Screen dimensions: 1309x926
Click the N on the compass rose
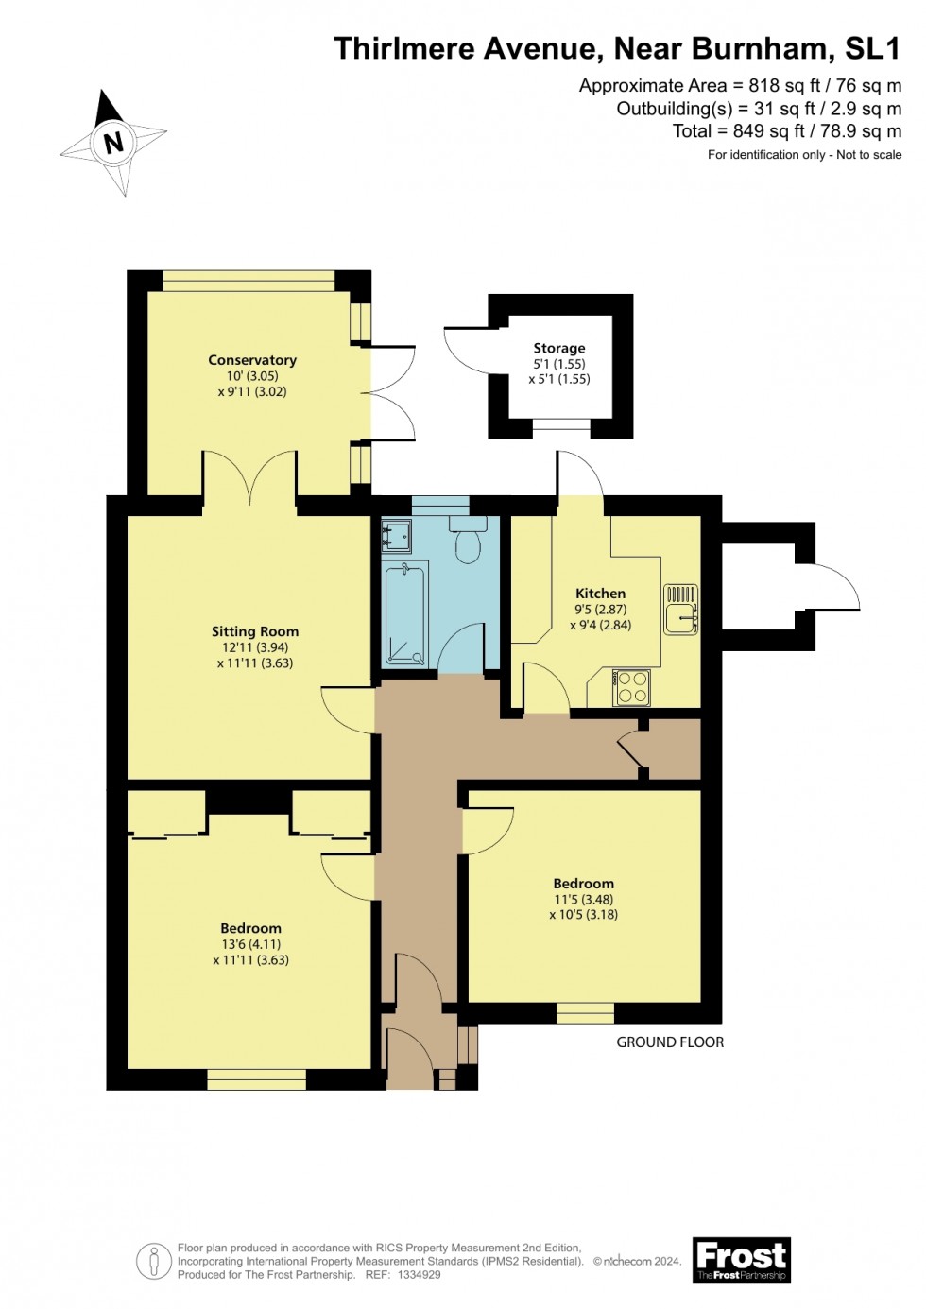(113, 143)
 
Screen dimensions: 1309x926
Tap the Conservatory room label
(252, 360)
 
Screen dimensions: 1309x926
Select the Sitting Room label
(254, 631)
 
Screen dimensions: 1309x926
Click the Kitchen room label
(600, 594)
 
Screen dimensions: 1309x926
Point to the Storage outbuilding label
(558, 348)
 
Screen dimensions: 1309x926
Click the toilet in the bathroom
(468, 542)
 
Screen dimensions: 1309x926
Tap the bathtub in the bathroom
(406, 613)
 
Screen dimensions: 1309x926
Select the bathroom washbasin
(396, 536)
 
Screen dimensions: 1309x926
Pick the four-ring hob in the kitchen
(631, 687)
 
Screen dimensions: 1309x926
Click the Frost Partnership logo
(741, 1260)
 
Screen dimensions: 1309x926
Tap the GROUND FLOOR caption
(670, 1042)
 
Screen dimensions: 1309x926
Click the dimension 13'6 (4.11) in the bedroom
(250, 944)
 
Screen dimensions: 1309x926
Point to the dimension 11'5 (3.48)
(583, 900)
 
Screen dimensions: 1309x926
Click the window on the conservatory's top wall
(249, 281)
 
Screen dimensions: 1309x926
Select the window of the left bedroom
(256, 1079)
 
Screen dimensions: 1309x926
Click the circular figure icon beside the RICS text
(153, 1261)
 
